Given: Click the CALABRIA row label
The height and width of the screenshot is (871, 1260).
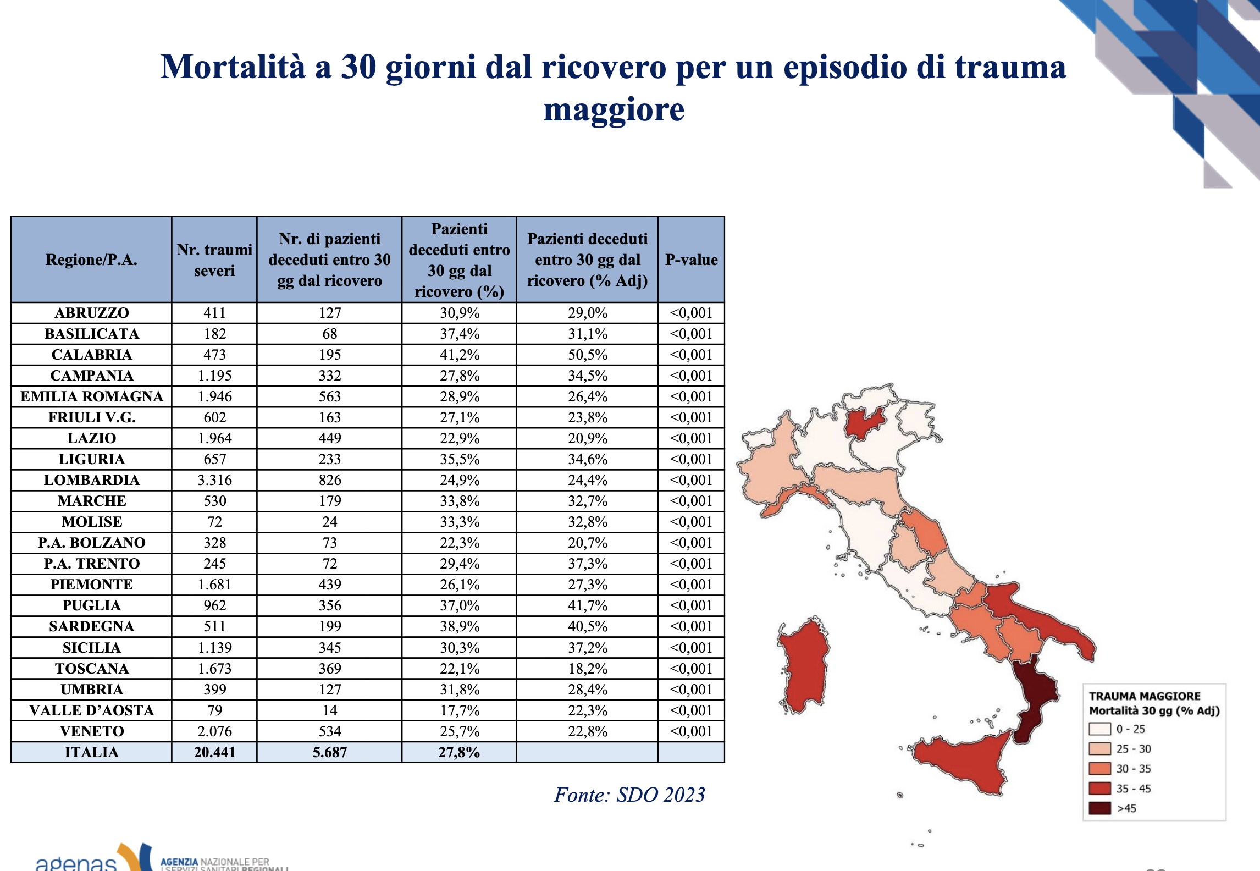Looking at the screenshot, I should click(x=91, y=355).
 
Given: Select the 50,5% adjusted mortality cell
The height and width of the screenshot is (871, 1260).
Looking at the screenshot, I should click(x=587, y=355).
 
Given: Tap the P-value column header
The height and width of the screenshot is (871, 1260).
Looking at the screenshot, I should click(x=691, y=260).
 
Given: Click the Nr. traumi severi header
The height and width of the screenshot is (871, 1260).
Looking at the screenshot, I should click(x=214, y=260).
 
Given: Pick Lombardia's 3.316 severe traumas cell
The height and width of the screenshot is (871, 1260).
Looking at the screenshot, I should click(x=214, y=480).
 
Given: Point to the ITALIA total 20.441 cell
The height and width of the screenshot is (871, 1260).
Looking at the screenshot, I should click(x=214, y=752).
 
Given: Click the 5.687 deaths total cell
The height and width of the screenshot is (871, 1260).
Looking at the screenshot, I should click(x=329, y=752).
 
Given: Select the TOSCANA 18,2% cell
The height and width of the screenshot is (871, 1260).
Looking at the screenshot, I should click(x=587, y=669).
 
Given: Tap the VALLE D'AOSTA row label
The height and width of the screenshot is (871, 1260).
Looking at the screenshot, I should click(x=91, y=710).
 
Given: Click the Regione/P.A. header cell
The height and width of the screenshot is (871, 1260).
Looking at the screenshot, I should click(x=91, y=260).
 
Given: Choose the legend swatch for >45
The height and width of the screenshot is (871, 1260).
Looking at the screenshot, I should click(x=1099, y=808).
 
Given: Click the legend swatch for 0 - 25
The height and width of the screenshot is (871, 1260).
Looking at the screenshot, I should click(x=1099, y=729).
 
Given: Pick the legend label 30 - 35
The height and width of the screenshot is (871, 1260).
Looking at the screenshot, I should click(x=1133, y=769).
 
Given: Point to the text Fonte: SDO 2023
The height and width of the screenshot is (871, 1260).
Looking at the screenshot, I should click(x=629, y=795).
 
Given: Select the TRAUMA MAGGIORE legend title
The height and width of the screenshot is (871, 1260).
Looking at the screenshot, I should click(x=1145, y=696).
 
